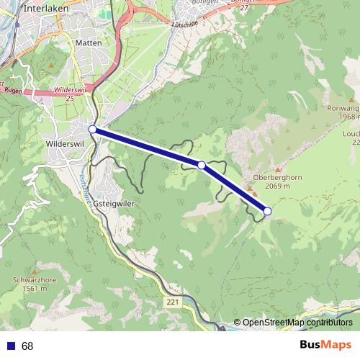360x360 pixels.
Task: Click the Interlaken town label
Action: click(46, 9)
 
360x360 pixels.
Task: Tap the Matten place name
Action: click(88, 43)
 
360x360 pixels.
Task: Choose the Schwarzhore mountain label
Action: click(34, 280)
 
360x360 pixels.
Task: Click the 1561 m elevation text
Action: click(34, 289)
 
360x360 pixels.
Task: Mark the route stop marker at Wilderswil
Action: click(92, 130)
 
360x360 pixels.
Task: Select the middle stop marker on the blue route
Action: click(202, 166)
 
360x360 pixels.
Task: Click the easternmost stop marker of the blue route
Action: click(267, 211)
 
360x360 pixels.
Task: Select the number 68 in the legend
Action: click(27, 346)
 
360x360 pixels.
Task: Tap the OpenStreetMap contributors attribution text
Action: click(297, 323)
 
